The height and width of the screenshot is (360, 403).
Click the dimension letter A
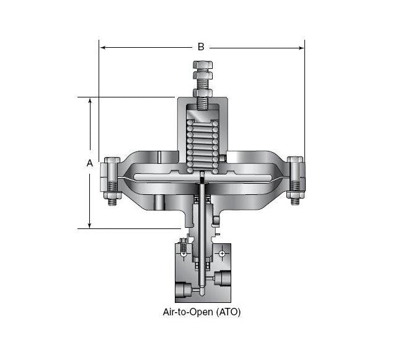[x=89, y=163]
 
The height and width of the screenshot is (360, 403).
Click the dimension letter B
[x=200, y=47]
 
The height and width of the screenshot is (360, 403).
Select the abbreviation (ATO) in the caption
[x=228, y=312]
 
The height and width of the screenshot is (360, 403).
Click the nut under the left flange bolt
[x=112, y=200]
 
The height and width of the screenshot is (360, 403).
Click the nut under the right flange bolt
[x=294, y=200]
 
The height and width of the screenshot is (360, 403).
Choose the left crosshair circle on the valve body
[x=184, y=253]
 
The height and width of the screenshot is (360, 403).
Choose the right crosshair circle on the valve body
[x=222, y=253]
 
